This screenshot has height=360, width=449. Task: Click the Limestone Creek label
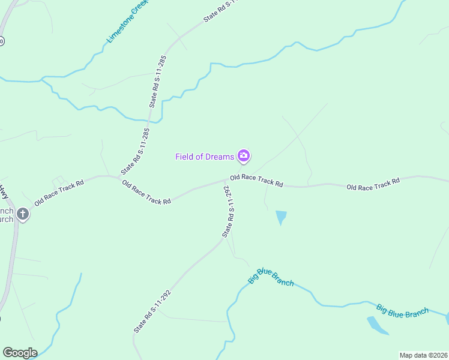click(x=127, y=22)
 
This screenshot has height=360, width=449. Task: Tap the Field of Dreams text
click(x=204, y=157)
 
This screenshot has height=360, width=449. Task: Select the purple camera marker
click(x=244, y=156)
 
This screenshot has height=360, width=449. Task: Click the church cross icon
click(x=23, y=214)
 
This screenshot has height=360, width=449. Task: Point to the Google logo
click(x=20, y=353)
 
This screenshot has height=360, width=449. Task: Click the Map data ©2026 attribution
click(x=423, y=355)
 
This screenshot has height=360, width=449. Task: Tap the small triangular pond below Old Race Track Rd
click(x=281, y=217)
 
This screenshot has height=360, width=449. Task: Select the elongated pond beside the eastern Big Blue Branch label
click(x=378, y=325)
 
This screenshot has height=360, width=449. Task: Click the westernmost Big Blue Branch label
click(x=271, y=277)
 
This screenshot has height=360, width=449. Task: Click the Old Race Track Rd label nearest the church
click(x=59, y=191)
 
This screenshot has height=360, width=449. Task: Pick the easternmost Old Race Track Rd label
click(x=373, y=184)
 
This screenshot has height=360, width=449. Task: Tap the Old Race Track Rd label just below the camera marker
click(x=256, y=180)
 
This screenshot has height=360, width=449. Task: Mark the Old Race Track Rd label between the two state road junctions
click(x=146, y=191)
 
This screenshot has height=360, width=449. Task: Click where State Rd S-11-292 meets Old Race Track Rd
click(x=227, y=179)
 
